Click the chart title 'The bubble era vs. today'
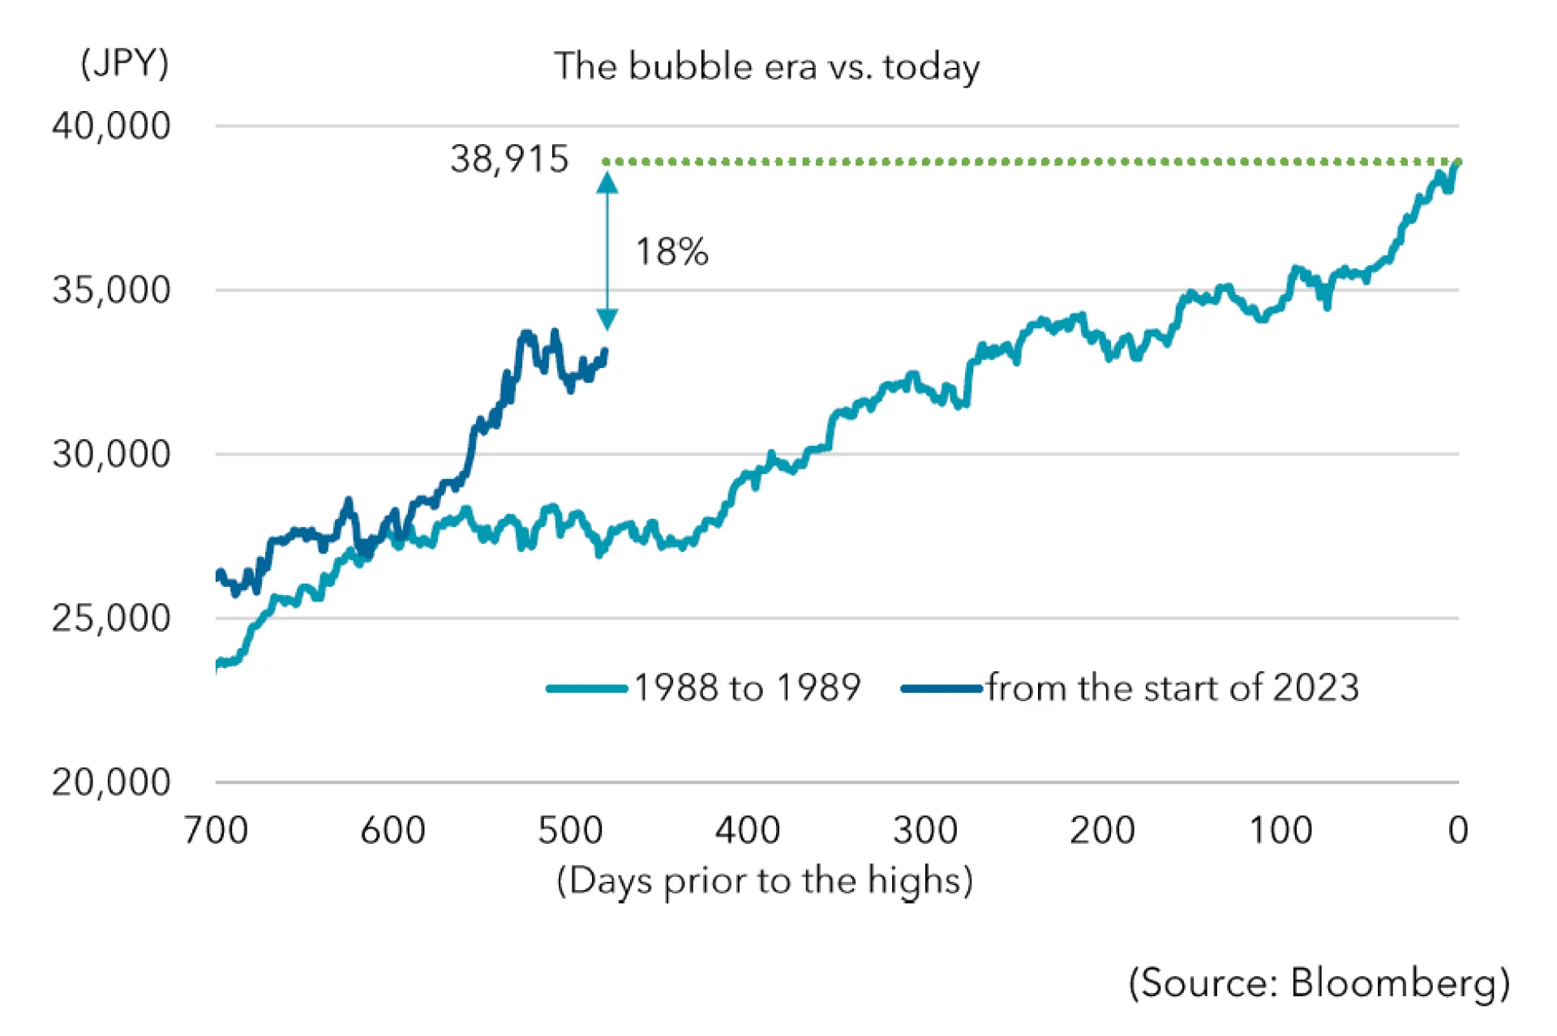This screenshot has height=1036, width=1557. click(x=766, y=66)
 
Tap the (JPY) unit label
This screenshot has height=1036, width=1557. click(x=124, y=62)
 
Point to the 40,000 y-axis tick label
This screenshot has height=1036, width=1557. click(x=111, y=126)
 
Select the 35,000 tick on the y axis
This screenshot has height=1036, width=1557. click(x=111, y=290)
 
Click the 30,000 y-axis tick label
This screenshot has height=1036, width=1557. click(x=111, y=454)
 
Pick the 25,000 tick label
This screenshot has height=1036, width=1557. click(x=111, y=619)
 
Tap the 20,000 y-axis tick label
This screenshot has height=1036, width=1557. click(x=111, y=782)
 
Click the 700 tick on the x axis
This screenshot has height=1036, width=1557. click(x=216, y=830)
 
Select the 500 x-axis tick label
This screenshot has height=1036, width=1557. click(x=570, y=830)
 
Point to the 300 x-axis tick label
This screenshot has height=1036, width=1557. click(x=925, y=830)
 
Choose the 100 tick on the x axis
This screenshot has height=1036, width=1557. click(x=1280, y=830)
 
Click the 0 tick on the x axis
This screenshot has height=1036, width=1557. click(x=1458, y=830)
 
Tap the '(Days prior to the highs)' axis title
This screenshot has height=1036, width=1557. click(x=765, y=880)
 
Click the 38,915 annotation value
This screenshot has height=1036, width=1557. click(x=509, y=159)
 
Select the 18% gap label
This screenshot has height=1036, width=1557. click(x=671, y=252)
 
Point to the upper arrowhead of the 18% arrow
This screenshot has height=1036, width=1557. click(x=607, y=183)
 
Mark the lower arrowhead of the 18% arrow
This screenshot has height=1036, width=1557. click(x=607, y=319)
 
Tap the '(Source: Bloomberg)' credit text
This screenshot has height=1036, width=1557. click(x=1319, y=983)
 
